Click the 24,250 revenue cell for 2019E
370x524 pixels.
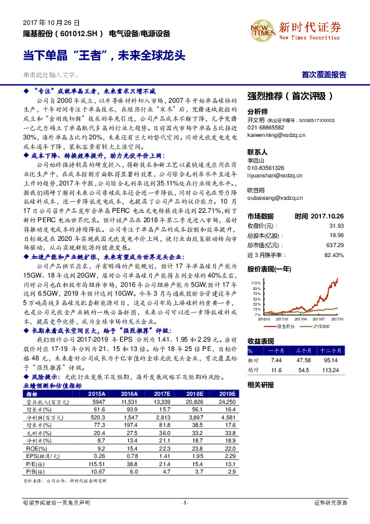(x=226, y=402)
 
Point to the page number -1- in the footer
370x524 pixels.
(x=184, y=502)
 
